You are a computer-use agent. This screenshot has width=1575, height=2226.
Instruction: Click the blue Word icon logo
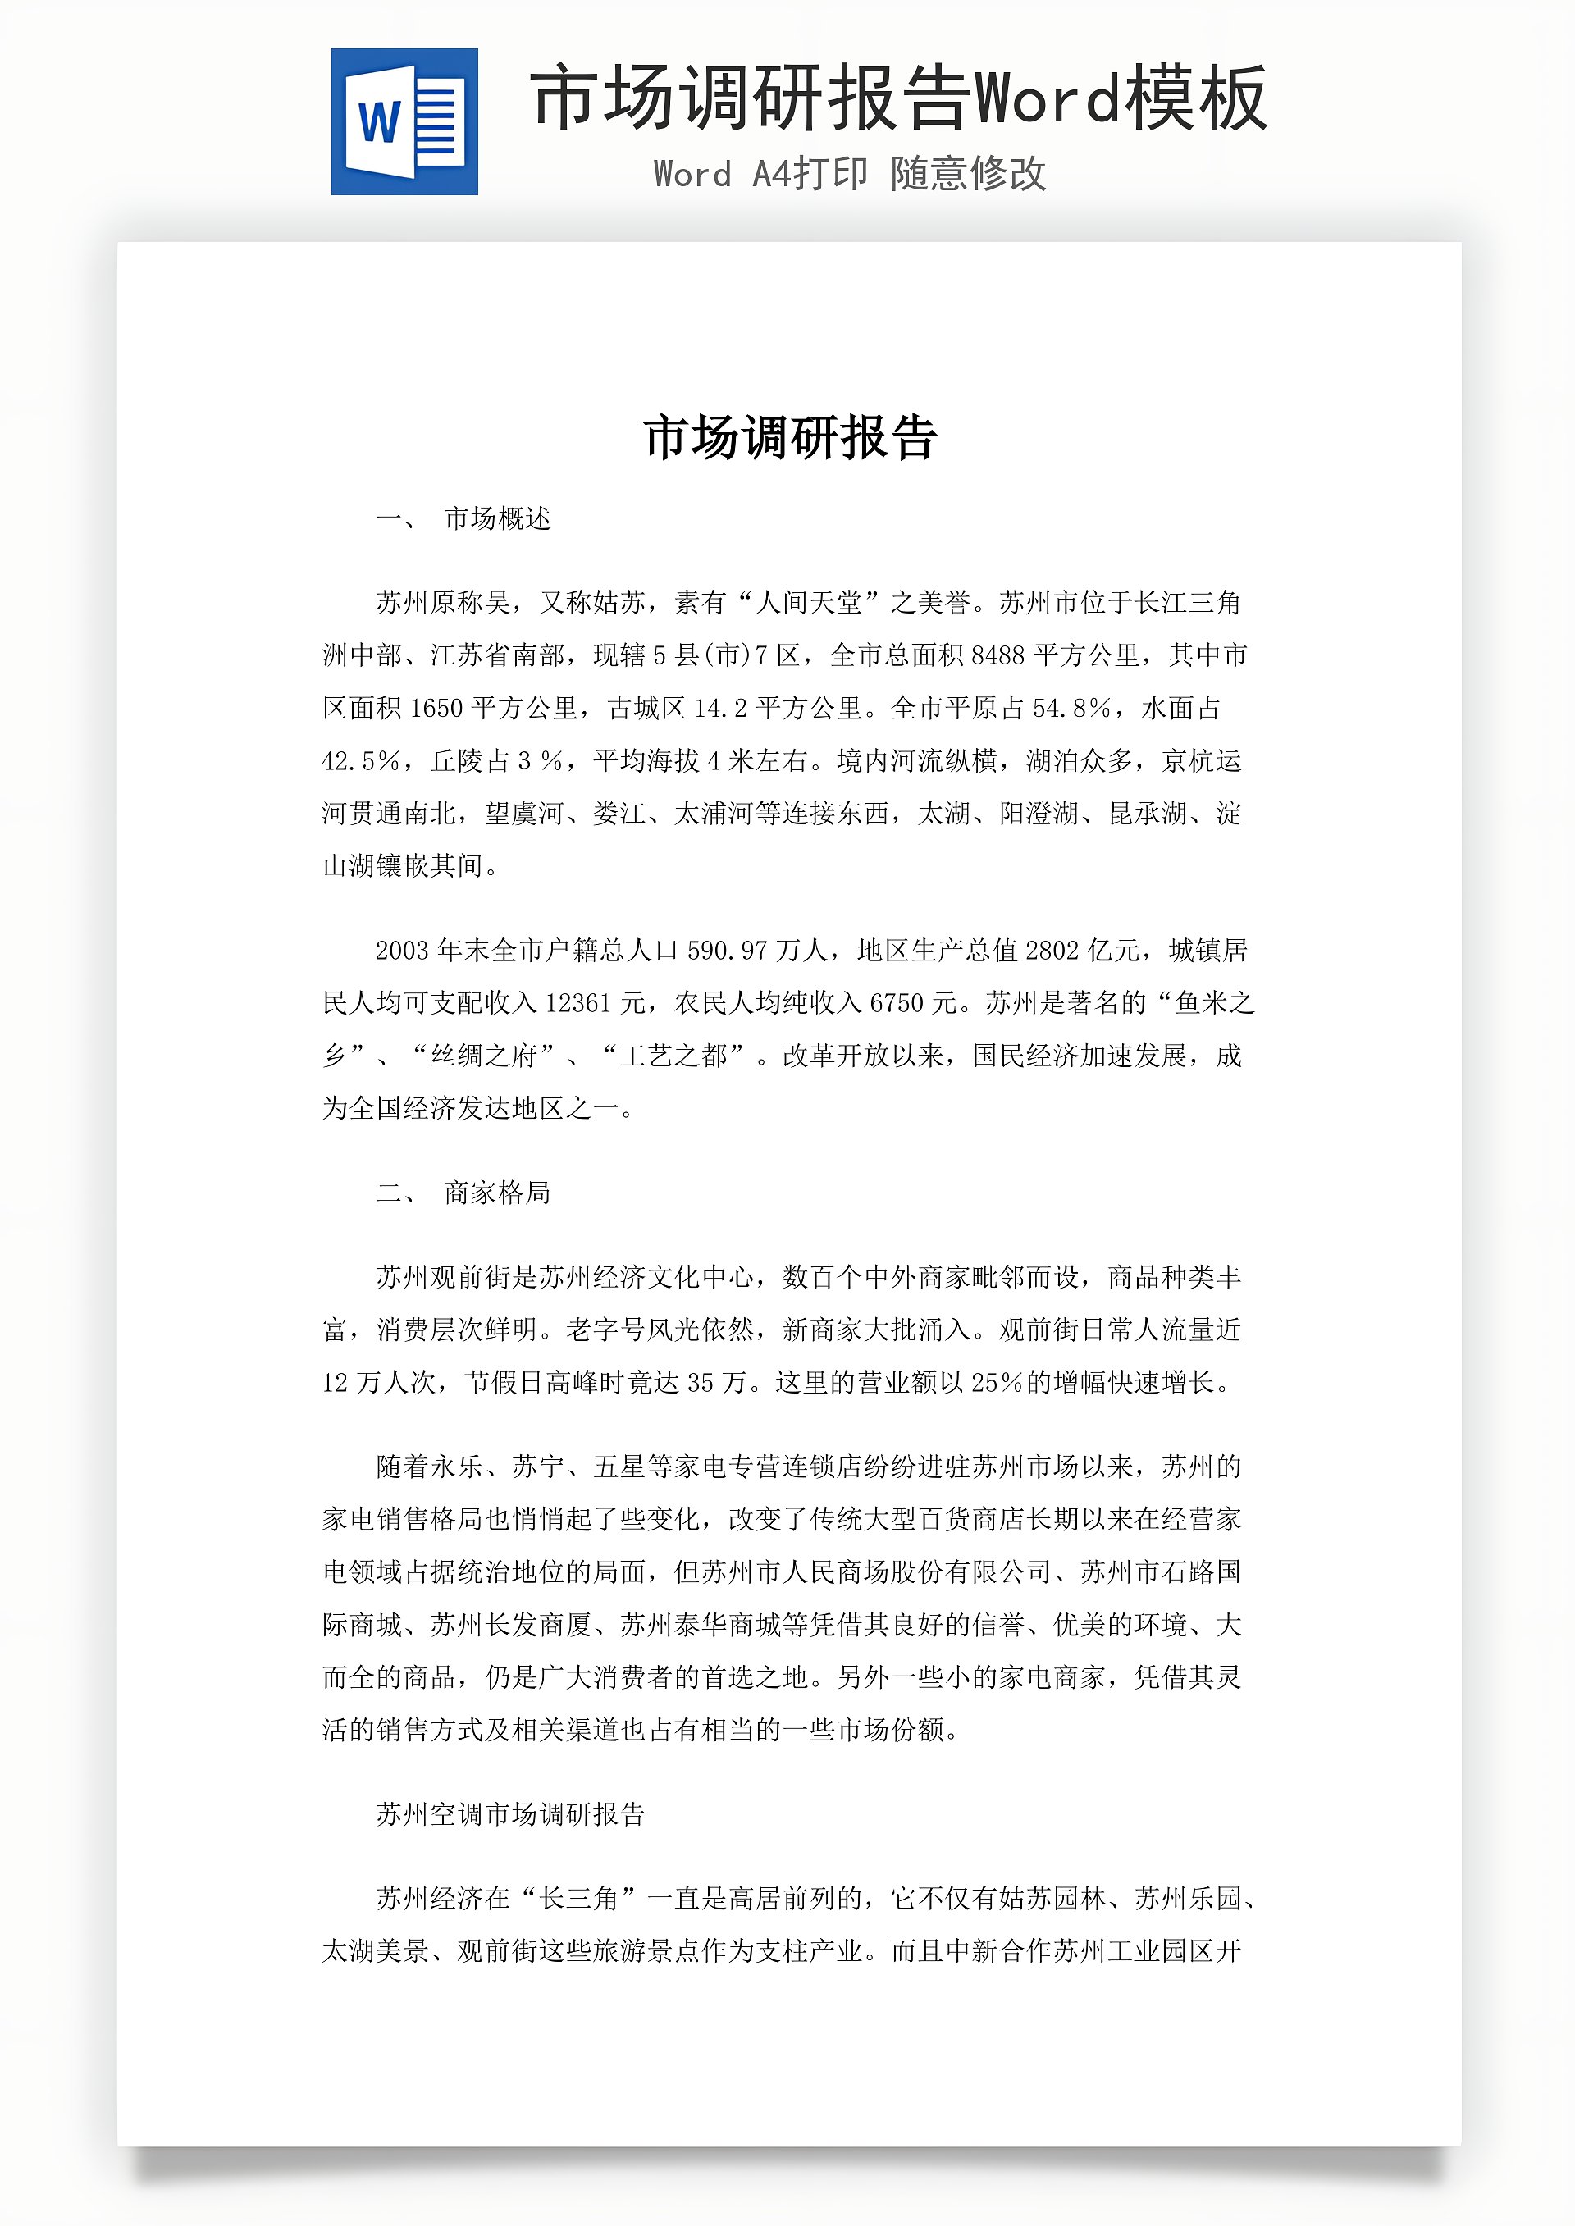tap(404, 122)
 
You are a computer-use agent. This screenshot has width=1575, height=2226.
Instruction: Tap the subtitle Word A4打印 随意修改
tap(850, 175)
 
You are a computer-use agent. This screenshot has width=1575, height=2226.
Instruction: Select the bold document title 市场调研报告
tap(789, 437)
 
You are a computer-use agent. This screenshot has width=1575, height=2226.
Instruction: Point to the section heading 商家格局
tap(498, 1193)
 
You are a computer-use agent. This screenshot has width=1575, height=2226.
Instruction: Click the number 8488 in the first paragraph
tap(997, 656)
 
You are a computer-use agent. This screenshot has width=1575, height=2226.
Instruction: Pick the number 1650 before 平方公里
tap(436, 709)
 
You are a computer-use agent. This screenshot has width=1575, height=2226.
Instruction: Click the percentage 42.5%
tap(361, 761)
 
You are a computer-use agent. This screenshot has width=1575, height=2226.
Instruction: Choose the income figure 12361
tap(578, 1003)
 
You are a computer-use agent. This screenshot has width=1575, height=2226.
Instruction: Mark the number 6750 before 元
tap(896, 1003)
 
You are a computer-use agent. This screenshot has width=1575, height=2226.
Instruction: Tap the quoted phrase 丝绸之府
tap(483, 1056)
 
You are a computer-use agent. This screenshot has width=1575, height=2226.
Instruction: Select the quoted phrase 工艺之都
tap(673, 1056)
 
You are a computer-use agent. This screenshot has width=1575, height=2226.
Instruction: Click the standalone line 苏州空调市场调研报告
tap(510, 1815)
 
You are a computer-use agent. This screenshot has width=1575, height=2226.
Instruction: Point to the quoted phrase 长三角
tap(578, 1898)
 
